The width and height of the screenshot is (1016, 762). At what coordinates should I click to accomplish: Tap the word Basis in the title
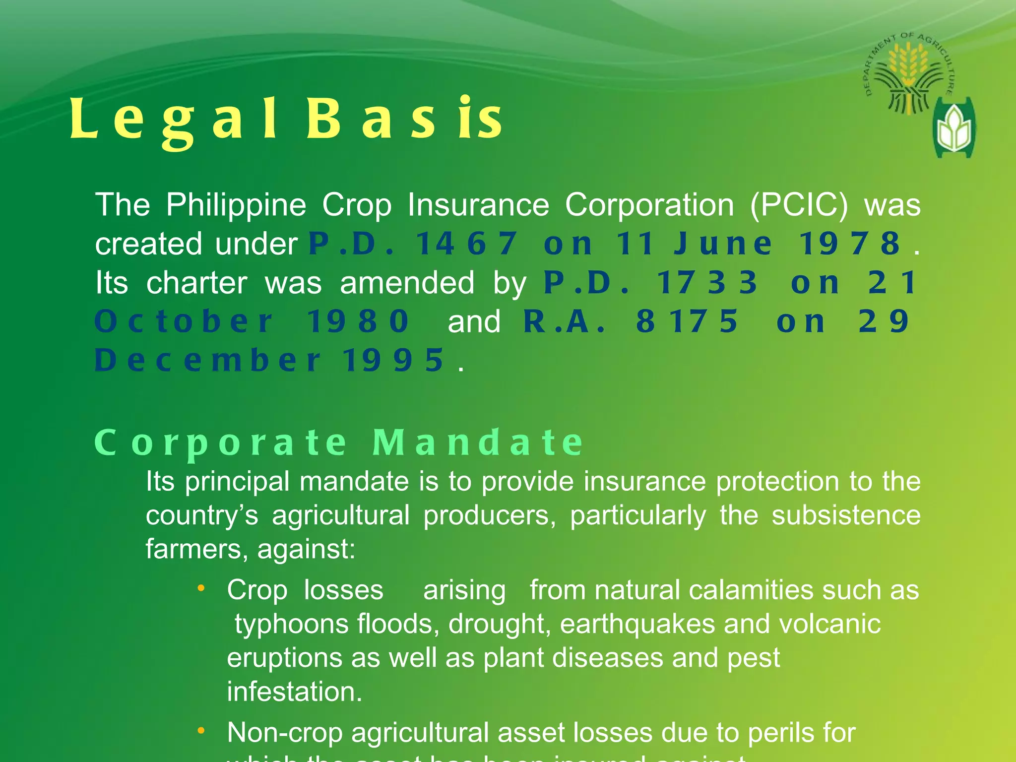404,119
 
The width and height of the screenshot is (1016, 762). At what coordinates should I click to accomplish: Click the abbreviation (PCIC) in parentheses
799,205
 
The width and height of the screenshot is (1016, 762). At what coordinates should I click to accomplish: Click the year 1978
849,244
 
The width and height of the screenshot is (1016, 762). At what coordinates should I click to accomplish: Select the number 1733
707,283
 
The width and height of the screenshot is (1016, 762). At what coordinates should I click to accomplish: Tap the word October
184,321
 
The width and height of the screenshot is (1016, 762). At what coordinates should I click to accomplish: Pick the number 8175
688,321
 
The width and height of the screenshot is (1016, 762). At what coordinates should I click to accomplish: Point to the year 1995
394,360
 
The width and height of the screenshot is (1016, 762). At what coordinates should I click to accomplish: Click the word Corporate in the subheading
221,443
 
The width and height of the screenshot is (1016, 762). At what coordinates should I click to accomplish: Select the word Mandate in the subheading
478,443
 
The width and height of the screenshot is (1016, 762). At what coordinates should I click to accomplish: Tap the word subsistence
846,515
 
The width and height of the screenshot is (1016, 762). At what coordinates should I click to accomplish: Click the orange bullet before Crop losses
201,588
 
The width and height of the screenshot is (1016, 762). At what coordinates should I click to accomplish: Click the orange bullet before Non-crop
201,731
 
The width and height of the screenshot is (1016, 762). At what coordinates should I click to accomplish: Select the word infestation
294,692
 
